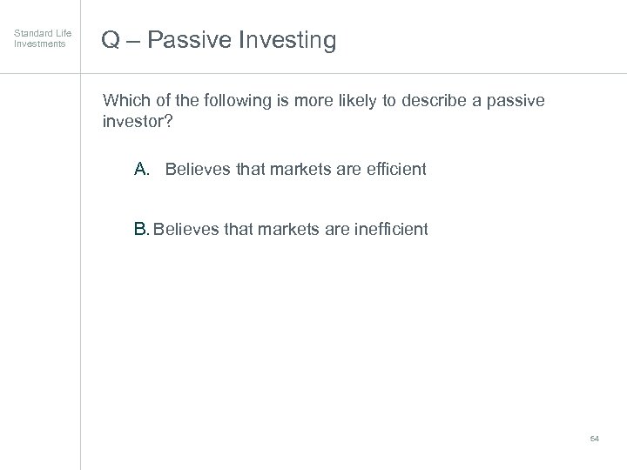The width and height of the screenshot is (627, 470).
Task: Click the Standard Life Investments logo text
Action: pyautogui.click(x=43, y=38)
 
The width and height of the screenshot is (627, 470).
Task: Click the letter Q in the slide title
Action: pyautogui.click(x=110, y=39)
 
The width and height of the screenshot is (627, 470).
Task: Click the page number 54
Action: pyautogui.click(x=594, y=439)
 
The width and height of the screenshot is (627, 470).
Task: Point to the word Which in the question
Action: pyautogui.click(x=124, y=100)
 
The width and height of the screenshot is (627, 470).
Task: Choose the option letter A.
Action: pyautogui.click(x=142, y=169)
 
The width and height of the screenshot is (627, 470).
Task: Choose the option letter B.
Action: pyautogui.click(x=141, y=230)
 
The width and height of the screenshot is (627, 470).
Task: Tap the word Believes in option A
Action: pyautogui.click(x=198, y=169)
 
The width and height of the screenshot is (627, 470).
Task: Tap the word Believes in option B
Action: pyautogui.click(x=185, y=230)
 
